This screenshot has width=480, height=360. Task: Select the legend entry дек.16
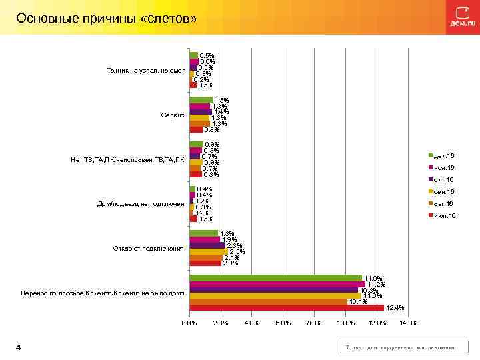(443, 155)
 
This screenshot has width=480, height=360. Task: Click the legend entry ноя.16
(443, 167)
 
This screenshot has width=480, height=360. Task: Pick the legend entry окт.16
(443, 179)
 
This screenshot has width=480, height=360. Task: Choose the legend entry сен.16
(443, 192)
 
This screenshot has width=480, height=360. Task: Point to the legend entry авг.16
(443, 204)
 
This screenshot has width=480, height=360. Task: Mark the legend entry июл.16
(443, 216)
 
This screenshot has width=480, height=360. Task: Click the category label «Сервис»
(172, 115)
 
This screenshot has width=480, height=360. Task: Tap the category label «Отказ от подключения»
(148, 249)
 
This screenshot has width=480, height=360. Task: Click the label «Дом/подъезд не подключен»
(141, 204)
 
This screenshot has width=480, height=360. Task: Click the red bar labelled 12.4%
(287, 307)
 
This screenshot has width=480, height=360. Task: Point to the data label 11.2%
(376, 284)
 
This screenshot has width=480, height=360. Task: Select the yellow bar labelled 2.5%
(209, 251)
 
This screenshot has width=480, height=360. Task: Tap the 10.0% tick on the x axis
(345, 323)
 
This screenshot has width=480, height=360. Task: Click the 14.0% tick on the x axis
(408, 323)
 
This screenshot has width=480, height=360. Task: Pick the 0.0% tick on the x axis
(189, 323)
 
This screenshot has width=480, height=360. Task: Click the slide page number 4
(18, 348)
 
